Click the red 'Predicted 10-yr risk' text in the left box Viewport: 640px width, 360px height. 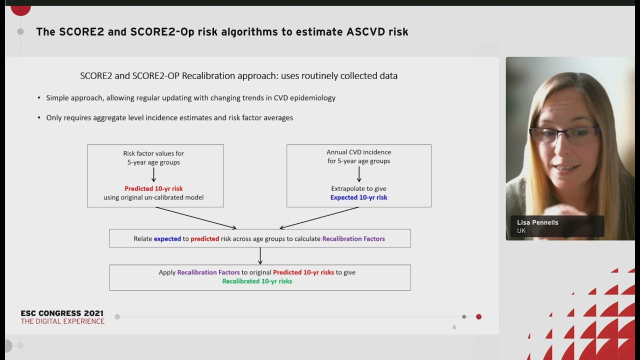pos(153,188)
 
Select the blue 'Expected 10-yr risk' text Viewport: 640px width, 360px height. pos(358,197)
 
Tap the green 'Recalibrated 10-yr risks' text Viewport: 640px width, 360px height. pos(257,281)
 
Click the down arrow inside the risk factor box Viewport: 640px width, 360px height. pos(153,174)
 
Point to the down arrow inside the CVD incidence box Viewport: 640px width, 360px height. pos(358,174)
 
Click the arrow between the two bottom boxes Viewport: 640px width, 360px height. pos(260,256)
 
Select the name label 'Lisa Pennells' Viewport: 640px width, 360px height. pos(537,222)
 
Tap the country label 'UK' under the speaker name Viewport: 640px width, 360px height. pos(521,231)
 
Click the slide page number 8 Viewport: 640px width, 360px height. pos(454,327)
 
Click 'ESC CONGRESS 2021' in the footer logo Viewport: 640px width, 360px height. pos(62,313)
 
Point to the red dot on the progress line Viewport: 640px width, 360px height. pos(478,316)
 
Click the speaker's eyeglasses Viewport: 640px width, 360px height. pos(564,134)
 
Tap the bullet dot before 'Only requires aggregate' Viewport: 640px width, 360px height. pos(39,118)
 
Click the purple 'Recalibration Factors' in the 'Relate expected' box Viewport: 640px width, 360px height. pos(353,239)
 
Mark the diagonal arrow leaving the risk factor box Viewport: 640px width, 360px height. pos(195,218)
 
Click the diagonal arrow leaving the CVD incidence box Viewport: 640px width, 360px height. pos(319,218)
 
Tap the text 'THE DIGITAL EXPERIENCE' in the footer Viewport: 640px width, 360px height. pos(62,321)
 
